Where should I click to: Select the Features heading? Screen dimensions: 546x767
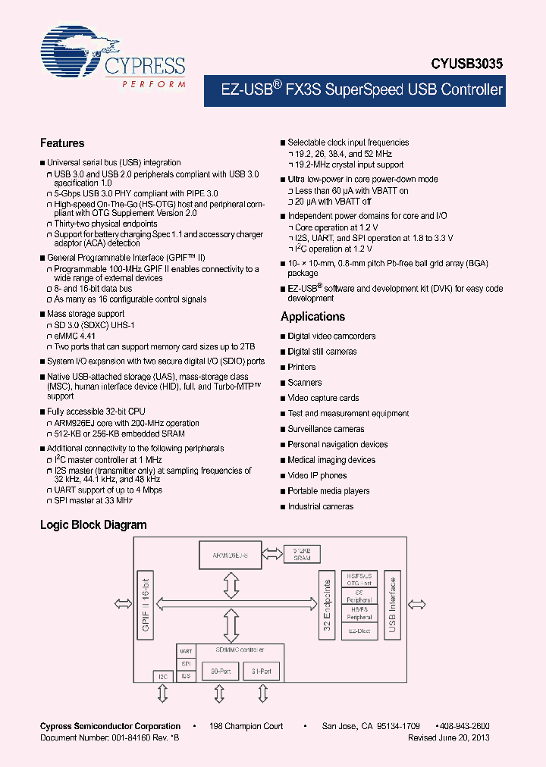click(x=62, y=143)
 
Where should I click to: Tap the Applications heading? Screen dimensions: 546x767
click(x=312, y=317)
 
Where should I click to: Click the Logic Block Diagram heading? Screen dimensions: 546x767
click(x=93, y=524)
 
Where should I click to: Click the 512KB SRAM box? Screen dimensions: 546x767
click(x=302, y=554)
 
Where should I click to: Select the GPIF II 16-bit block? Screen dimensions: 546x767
click(x=146, y=605)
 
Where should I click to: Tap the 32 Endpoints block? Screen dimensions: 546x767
click(x=328, y=605)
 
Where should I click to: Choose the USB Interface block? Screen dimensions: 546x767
click(x=392, y=605)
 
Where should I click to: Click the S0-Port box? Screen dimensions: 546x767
click(x=220, y=671)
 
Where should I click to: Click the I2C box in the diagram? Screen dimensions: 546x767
click(x=162, y=675)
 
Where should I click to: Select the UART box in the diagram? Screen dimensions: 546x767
click(x=185, y=651)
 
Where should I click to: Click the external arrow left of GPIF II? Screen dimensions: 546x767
click(x=122, y=603)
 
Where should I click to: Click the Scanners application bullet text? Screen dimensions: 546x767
click(x=305, y=383)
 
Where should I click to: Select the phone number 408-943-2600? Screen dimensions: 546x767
click(x=464, y=726)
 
